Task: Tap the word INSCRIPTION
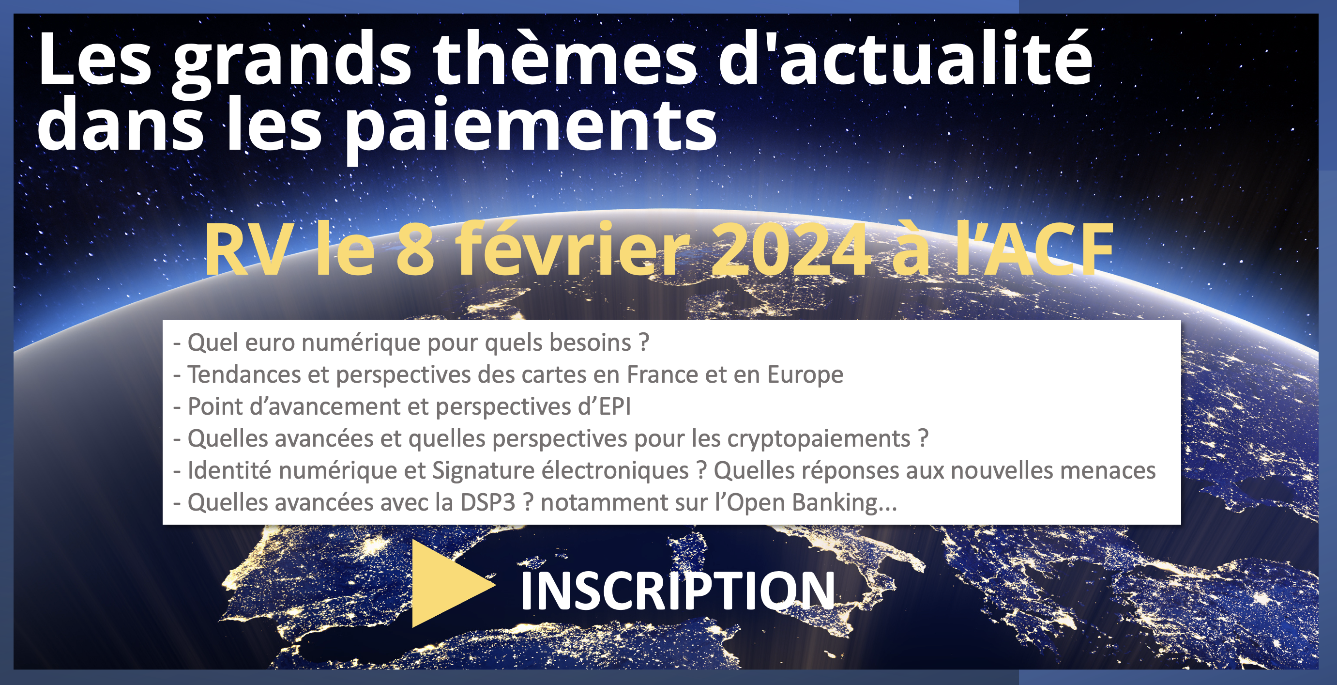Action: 677,591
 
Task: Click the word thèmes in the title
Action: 565,58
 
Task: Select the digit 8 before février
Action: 415,249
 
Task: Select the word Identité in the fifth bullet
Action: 229,470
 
